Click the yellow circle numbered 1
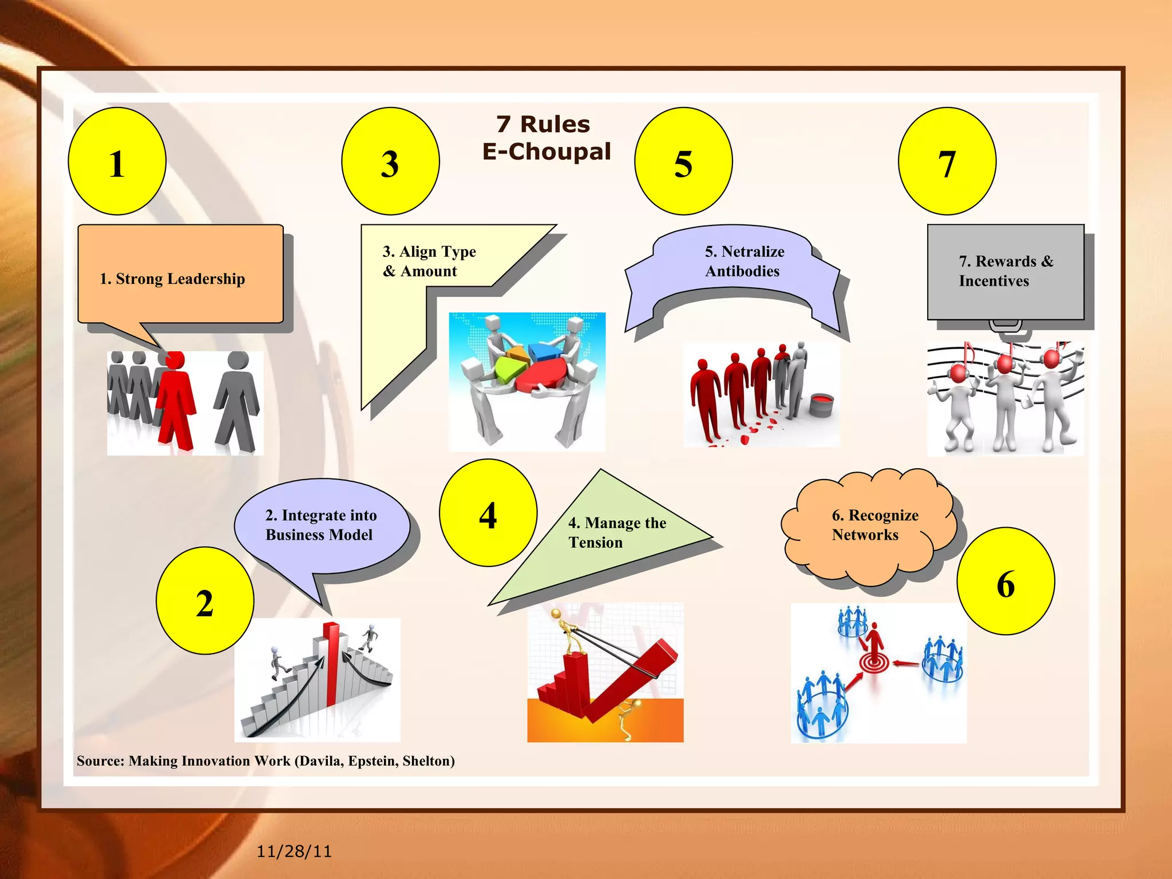(x=117, y=161)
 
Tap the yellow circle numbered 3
(x=390, y=161)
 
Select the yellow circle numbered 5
(x=683, y=161)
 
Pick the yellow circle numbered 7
(x=947, y=161)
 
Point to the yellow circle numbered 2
(x=205, y=601)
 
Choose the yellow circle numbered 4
(x=488, y=513)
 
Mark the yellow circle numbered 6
(x=1005, y=581)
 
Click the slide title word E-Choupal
(x=547, y=152)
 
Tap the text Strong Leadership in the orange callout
(x=172, y=279)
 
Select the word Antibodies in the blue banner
(x=742, y=271)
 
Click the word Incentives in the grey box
(x=994, y=281)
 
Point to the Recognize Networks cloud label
(x=874, y=525)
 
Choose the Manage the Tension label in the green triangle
(x=617, y=532)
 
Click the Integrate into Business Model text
(x=320, y=525)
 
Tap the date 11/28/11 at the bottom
(x=294, y=852)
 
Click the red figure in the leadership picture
(x=175, y=401)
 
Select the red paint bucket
(x=822, y=404)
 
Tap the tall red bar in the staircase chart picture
(x=331, y=664)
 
